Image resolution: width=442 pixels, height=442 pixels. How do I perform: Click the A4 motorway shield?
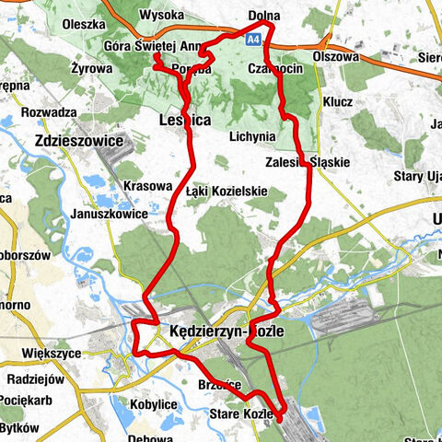coord(253,39)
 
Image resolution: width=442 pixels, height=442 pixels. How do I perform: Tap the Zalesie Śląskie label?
coord(306,162)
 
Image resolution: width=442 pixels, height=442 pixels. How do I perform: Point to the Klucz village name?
coord(338,101)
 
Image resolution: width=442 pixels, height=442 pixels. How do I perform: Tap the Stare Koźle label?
coord(241,414)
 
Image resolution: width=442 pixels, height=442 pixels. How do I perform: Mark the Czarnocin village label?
coord(270,69)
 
